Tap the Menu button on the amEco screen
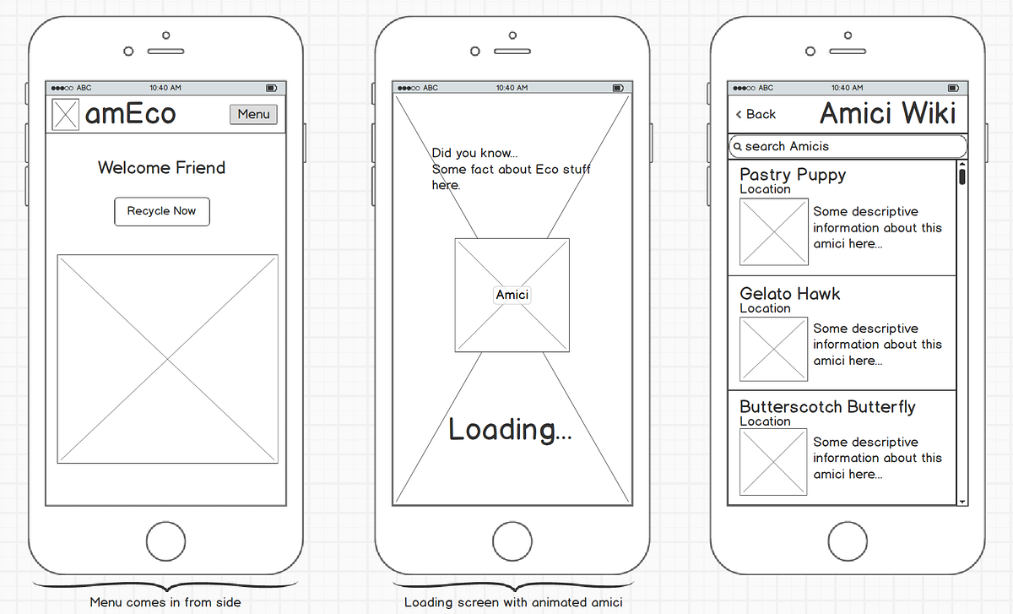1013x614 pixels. pyautogui.click(x=253, y=114)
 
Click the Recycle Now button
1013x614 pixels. pyautogui.click(x=161, y=211)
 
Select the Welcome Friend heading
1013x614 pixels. pyautogui.click(x=161, y=167)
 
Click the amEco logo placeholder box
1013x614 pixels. pyautogui.click(x=65, y=115)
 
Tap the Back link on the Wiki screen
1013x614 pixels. pyautogui.click(x=756, y=114)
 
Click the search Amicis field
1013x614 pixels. pyautogui.click(x=848, y=146)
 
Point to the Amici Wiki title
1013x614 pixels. pyautogui.click(x=887, y=113)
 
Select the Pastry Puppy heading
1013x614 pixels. pyautogui.click(x=792, y=175)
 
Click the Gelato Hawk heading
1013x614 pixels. pyautogui.click(x=789, y=294)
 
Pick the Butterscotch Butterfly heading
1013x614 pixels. pyautogui.click(x=827, y=407)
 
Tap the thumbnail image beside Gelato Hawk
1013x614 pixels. pyautogui.click(x=773, y=349)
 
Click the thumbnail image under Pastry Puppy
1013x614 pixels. pyautogui.click(x=773, y=231)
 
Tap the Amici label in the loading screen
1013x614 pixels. pyautogui.click(x=512, y=295)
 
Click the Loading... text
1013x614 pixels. pyautogui.click(x=510, y=430)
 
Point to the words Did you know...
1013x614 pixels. pyautogui.click(x=474, y=153)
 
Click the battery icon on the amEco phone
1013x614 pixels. pyautogui.click(x=271, y=88)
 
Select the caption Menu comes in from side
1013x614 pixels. pyautogui.click(x=165, y=602)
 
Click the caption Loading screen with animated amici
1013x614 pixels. pyautogui.click(x=513, y=602)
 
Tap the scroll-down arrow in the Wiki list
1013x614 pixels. pyautogui.click(x=962, y=502)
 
